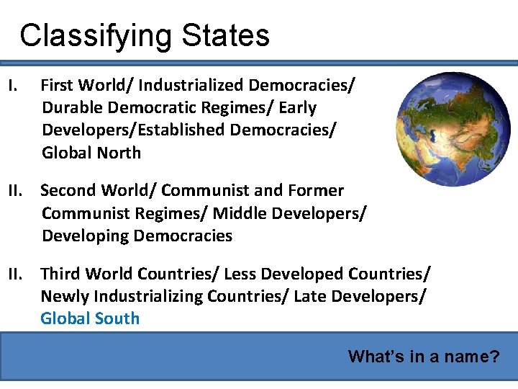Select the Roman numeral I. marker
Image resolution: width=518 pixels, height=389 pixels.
tap(12, 86)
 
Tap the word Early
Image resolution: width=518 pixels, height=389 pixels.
tap(297, 108)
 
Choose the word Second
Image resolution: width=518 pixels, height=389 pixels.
tap(70, 191)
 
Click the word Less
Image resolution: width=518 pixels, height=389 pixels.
tap(241, 274)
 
